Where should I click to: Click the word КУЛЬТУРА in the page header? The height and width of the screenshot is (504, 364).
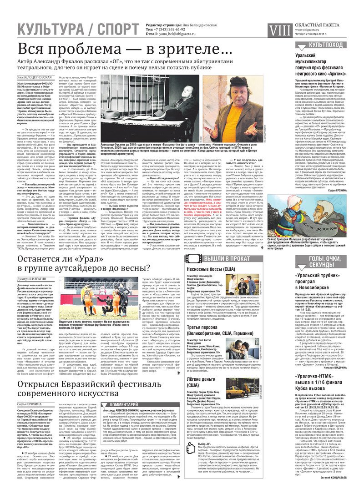(x=46, y=30)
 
